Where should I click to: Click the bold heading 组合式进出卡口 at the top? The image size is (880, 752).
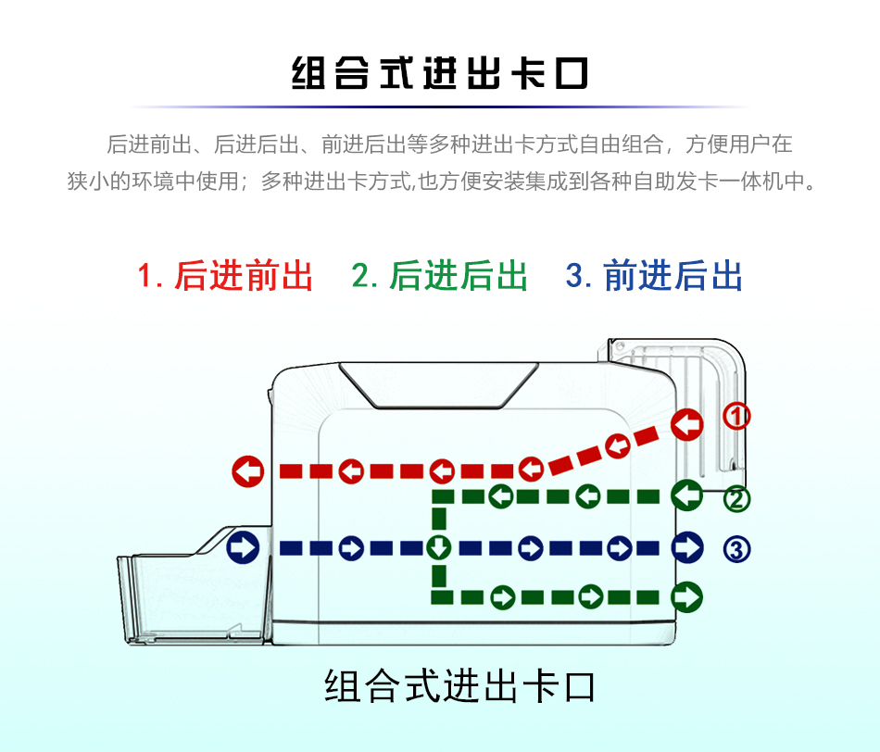439,73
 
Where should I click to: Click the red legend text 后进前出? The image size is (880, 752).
244,276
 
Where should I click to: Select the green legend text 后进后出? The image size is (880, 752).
458,276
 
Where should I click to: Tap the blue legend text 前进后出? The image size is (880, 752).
673,276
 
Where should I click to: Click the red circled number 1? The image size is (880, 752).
736,417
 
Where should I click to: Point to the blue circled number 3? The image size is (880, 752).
736,549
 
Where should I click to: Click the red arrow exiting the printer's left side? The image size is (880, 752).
248,470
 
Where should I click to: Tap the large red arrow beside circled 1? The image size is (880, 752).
687,424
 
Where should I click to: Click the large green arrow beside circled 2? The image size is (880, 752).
687,495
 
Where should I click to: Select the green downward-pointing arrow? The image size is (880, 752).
439,547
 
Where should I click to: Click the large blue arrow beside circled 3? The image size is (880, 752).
687,547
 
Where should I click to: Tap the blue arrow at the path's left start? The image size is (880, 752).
243,547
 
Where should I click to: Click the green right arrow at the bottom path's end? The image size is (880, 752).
687,596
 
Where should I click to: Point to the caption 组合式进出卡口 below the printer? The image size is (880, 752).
459,685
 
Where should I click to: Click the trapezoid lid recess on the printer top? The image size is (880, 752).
438,385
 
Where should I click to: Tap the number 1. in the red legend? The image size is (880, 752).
150,276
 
